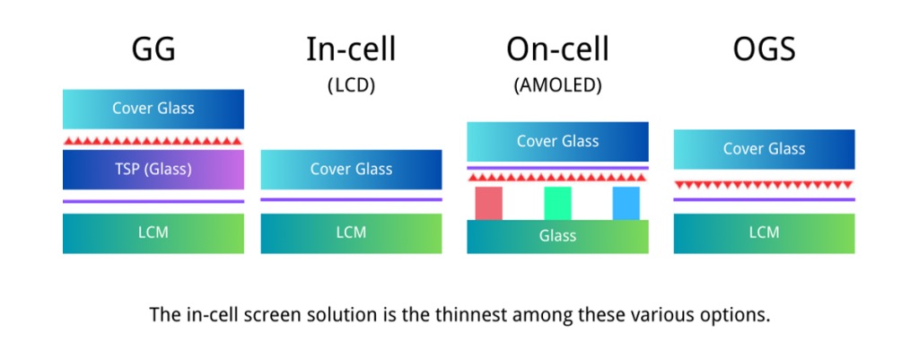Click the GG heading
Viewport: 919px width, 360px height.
pyautogui.click(x=153, y=48)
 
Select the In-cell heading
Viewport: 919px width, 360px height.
pyautogui.click(x=351, y=48)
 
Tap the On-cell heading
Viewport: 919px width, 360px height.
pyautogui.click(x=557, y=48)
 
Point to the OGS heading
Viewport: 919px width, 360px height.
pyautogui.click(x=764, y=48)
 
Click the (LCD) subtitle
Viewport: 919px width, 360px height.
pyautogui.click(x=351, y=86)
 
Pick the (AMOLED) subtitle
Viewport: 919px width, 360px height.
pyautogui.click(x=557, y=86)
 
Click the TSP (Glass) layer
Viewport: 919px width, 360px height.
pyautogui.click(x=153, y=169)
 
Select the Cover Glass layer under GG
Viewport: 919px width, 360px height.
pyautogui.click(x=153, y=109)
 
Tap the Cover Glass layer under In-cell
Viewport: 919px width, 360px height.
pyautogui.click(x=351, y=169)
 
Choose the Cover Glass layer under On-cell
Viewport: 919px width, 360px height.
pyautogui.click(x=557, y=142)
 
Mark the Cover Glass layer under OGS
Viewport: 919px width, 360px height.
pyautogui.click(x=764, y=149)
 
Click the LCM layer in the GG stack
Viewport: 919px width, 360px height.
pyautogui.click(x=153, y=233)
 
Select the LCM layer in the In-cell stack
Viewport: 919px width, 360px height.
pyautogui.click(x=351, y=233)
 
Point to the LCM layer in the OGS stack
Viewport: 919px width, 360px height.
pyautogui.click(x=764, y=233)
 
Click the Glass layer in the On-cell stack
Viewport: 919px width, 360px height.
pyautogui.click(x=557, y=236)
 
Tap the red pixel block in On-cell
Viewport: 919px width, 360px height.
pyautogui.click(x=488, y=203)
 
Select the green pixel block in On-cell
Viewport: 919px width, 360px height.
pyautogui.click(x=557, y=203)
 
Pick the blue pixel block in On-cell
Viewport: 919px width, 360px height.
pyautogui.click(x=626, y=203)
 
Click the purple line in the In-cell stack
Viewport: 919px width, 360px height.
pyautogui.click(x=351, y=199)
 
